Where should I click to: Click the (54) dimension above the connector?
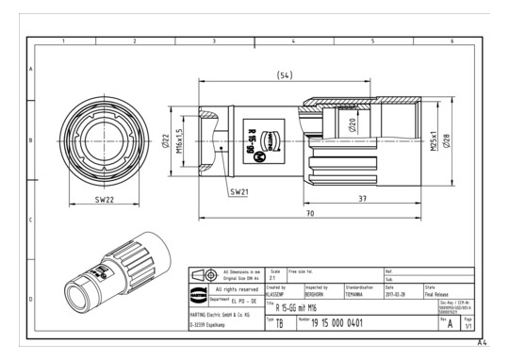point(283,74)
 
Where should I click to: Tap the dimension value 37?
point(363,199)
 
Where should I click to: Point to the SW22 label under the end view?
point(106,201)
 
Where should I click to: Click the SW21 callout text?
point(238,191)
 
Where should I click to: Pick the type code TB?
point(280,322)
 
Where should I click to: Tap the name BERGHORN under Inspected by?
point(317,293)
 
